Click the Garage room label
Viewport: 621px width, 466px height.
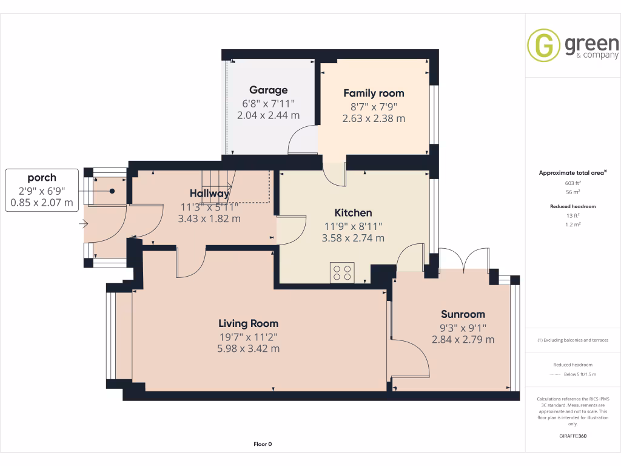(268, 90)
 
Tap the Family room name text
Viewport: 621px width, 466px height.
(374, 93)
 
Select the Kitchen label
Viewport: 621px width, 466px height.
(353, 213)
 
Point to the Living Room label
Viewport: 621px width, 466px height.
(248, 323)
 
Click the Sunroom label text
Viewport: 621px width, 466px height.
(463, 314)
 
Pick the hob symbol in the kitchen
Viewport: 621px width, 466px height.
(342, 272)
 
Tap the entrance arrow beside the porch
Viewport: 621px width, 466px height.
(83, 225)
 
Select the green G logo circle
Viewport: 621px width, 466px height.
(543, 45)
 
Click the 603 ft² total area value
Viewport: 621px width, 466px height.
(573, 183)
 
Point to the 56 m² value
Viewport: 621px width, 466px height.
(573, 192)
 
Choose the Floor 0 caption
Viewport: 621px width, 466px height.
(263, 444)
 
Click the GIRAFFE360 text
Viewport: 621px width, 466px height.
(573, 436)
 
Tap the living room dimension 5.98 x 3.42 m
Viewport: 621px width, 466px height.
(248, 349)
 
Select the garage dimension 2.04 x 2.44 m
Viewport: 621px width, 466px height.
(268, 115)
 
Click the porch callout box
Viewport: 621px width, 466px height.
(42, 190)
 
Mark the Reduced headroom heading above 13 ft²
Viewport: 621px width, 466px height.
(573, 206)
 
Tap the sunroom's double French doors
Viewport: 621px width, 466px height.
(464, 260)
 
